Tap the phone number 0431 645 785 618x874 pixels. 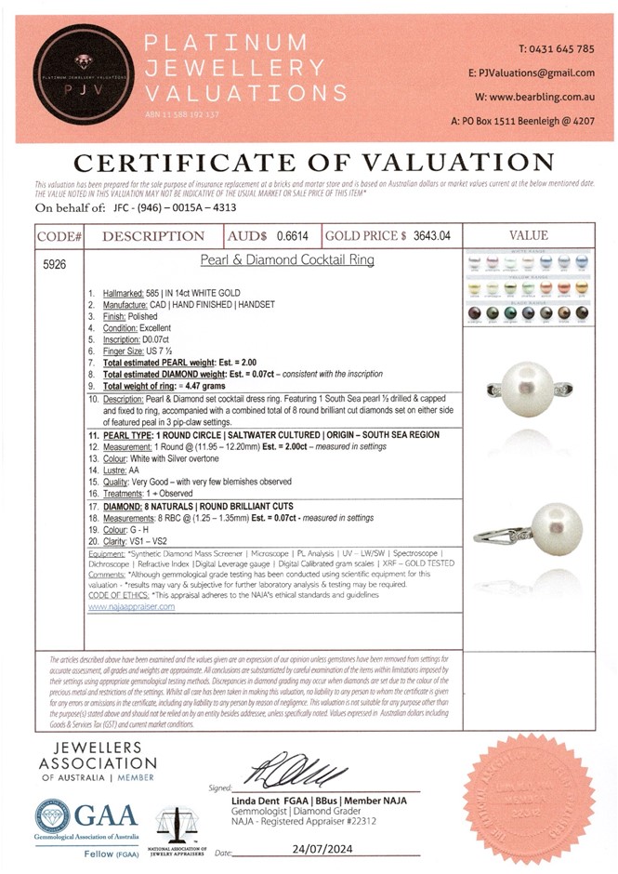556,48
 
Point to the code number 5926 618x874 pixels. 55,263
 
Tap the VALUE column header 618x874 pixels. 529,235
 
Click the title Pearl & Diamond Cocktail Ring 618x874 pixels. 288,260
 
